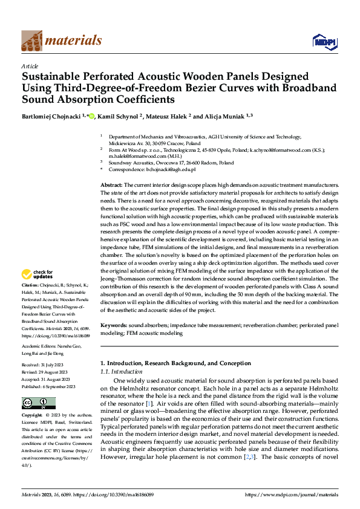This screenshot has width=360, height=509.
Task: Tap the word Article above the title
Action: click(30, 66)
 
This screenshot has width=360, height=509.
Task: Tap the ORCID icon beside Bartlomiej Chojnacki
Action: click(91, 115)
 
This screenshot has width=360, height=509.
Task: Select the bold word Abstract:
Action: click(112, 184)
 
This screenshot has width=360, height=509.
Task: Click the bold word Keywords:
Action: click(113, 325)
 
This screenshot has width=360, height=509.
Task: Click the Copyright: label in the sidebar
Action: click(32, 416)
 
